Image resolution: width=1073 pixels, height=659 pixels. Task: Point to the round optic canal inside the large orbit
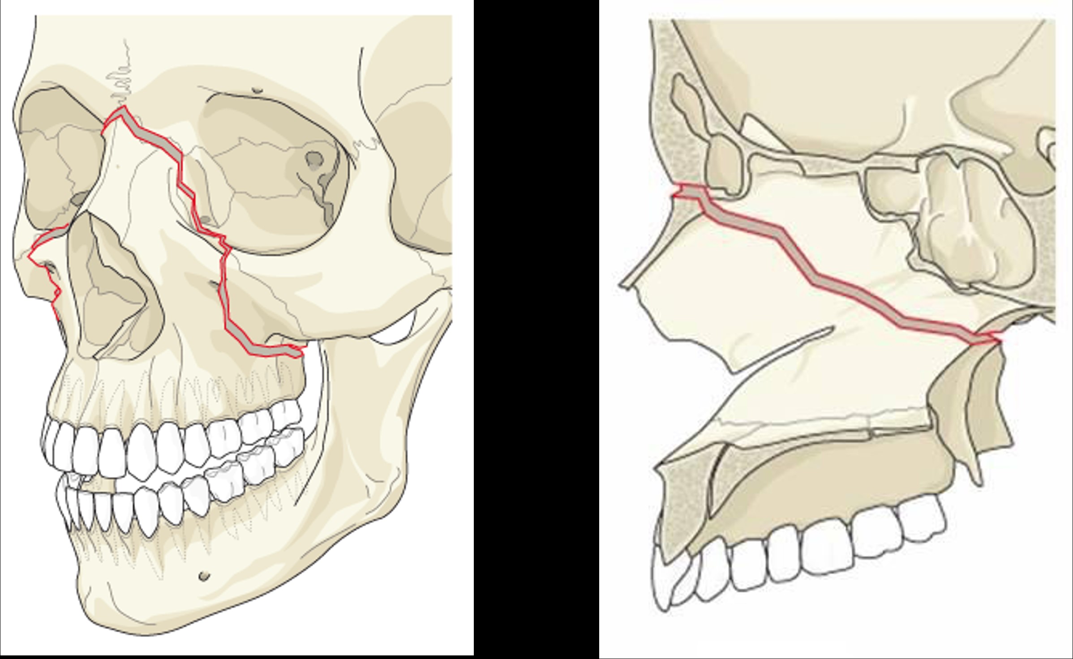[x=315, y=158]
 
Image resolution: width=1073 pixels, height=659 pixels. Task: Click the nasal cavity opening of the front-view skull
[x=112, y=291]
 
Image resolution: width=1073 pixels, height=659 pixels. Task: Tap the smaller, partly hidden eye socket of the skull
[x=58, y=157]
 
